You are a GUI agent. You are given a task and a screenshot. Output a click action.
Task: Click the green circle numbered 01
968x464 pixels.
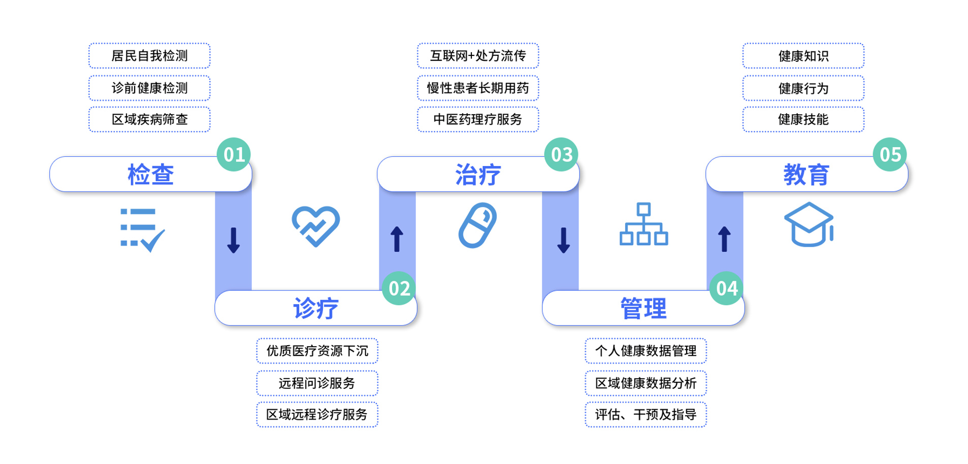click(x=234, y=154)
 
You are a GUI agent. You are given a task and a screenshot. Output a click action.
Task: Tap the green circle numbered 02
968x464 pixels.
click(x=399, y=288)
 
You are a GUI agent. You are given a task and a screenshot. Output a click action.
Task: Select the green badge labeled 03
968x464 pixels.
click(x=562, y=154)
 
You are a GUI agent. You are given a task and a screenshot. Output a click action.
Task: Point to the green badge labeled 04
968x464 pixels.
click(x=727, y=288)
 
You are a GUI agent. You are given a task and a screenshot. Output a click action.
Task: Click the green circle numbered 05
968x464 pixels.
click(x=890, y=154)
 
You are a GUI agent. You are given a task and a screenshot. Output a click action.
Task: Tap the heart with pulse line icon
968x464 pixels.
click(x=316, y=226)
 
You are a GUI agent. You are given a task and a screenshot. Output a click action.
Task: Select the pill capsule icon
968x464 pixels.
click(x=477, y=225)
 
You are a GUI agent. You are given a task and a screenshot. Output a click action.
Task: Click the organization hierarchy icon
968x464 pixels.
click(x=643, y=224)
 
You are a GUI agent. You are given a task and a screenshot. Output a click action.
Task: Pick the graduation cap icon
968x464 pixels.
click(x=809, y=224)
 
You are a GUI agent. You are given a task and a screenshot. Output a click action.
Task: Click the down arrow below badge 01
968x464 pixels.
click(x=234, y=240)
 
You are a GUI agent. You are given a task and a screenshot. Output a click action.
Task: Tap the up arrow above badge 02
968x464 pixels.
click(x=397, y=239)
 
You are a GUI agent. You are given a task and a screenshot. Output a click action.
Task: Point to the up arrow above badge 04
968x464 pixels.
click(x=725, y=239)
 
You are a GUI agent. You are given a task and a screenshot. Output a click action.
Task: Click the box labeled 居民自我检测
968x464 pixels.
click(x=149, y=56)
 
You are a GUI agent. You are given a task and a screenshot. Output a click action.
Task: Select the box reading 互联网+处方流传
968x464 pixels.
click(x=478, y=56)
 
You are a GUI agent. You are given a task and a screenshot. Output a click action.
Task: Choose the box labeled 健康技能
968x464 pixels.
click(x=803, y=119)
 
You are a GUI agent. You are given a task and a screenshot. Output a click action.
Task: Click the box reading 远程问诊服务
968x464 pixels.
click(x=317, y=383)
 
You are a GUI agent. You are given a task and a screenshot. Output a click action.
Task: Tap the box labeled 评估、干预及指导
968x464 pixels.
click(x=646, y=415)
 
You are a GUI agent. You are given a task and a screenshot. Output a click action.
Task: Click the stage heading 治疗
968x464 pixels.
click(x=477, y=175)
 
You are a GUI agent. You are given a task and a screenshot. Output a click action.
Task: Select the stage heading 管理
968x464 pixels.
click(x=643, y=308)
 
